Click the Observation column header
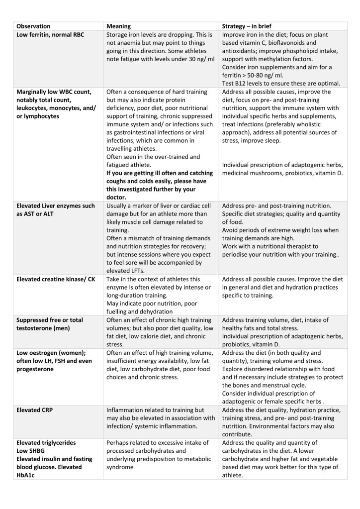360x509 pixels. pyautogui.click(x=33, y=26)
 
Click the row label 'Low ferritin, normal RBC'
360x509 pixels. pyautogui.click(x=52, y=35)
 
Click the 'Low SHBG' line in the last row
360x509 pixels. pyautogui.click(x=33, y=451)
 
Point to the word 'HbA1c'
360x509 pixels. pyautogui.click(x=28, y=475)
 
